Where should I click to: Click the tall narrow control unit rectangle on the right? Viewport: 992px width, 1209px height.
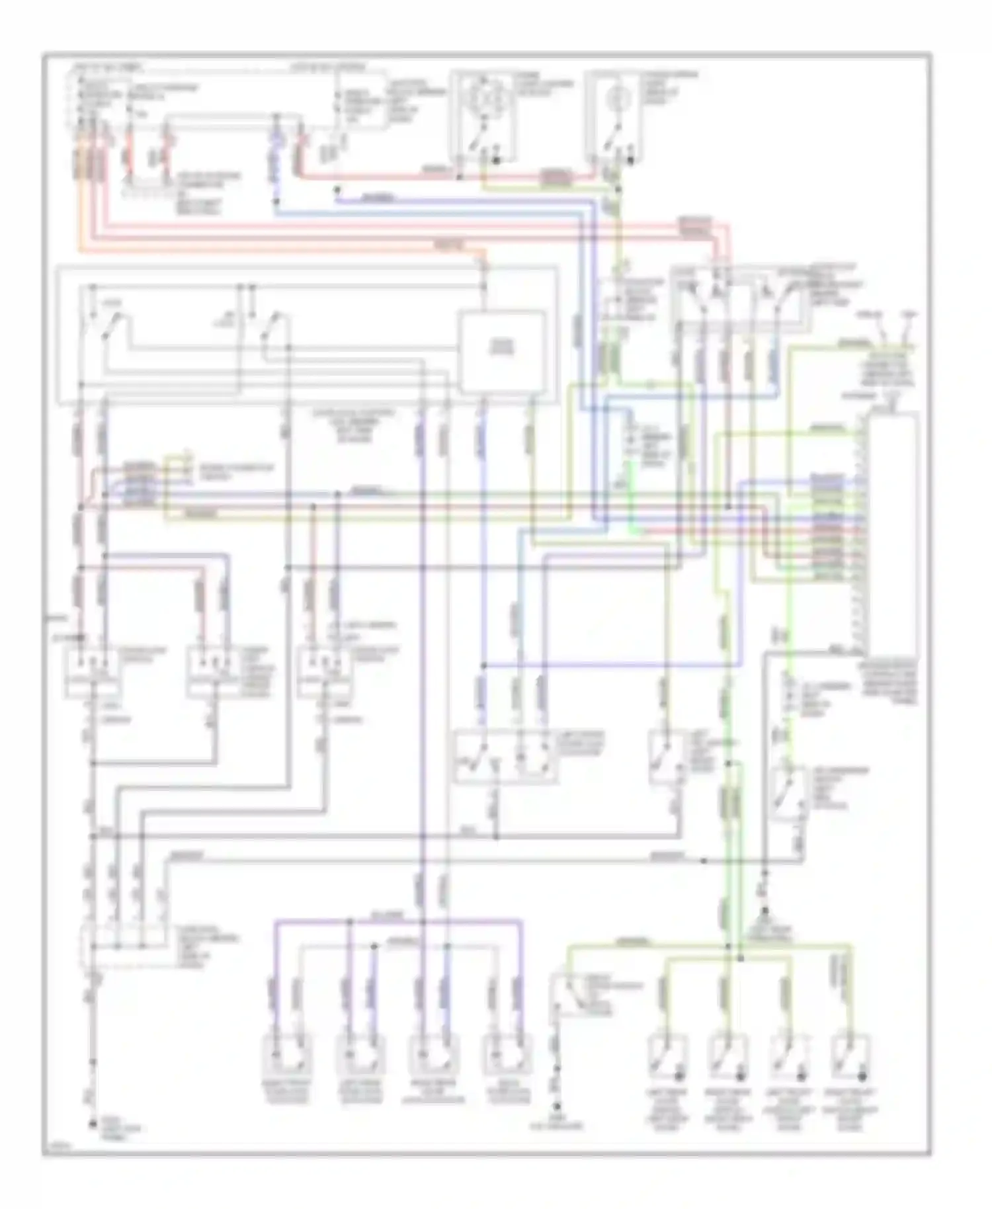pos(894,532)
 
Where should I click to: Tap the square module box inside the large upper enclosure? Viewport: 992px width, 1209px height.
pos(503,351)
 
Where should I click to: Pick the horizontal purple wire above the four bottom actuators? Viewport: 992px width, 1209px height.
pos(397,920)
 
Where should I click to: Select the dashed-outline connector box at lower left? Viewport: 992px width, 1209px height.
pos(122,947)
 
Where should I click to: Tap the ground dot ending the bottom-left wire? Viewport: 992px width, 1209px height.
pos(93,1123)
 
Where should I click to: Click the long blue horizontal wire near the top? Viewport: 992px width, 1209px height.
pos(430,213)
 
